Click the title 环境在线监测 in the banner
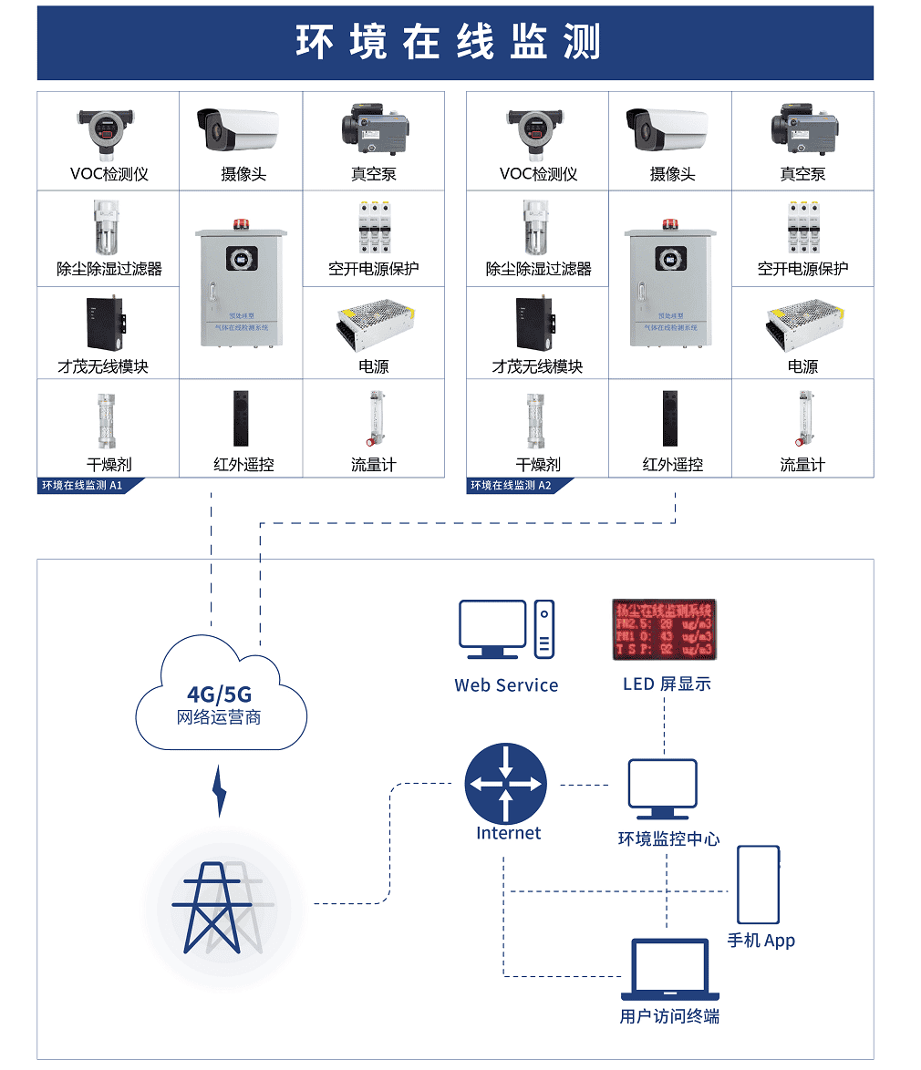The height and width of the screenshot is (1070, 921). [448, 43]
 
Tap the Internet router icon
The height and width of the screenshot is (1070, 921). [505, 783]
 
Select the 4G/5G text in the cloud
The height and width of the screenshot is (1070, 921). [219, 694]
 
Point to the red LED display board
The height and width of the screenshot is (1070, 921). [664, 629]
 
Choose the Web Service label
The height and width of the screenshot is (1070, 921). [506, 685]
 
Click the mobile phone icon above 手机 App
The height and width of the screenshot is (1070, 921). [758, 885]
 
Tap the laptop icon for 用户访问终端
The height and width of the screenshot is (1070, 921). [670, 970]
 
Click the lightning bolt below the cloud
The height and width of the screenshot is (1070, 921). [219, 790]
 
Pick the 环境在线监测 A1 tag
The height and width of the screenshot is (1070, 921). [83, 486]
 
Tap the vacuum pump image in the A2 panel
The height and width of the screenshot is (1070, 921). [802, 128]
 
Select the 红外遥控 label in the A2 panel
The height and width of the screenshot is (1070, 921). [672, 465]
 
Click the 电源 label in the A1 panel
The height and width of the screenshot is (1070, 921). [373, 366]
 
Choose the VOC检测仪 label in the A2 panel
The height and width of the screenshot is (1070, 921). [538, 174]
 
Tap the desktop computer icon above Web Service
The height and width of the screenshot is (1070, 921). [506, 629]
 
